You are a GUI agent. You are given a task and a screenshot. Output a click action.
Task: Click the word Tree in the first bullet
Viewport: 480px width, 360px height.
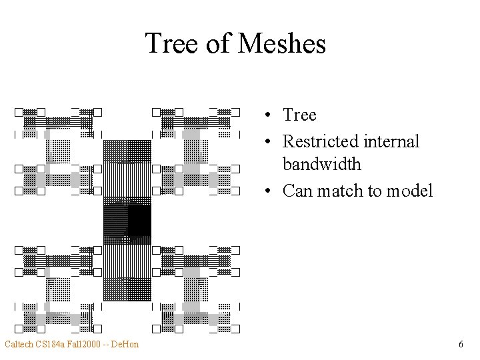click(x=299, y=115)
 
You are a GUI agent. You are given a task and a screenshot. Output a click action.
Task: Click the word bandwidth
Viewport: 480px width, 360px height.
click(x=321, y=164)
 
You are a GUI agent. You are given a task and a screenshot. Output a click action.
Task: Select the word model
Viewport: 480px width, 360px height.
click(x=407, y=191)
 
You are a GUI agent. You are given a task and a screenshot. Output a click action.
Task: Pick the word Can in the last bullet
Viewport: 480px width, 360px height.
click(x=297, y=191)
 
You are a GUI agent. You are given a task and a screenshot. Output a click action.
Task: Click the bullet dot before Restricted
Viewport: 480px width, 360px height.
click(x=266, y=142)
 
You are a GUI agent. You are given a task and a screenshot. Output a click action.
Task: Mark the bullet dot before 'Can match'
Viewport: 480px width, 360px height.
click(x=266, y=191)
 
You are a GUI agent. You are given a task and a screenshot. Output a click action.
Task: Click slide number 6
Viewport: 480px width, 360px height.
click(x=461, y=345)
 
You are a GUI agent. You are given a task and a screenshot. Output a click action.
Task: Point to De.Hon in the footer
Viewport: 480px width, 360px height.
click(x=125, y=345)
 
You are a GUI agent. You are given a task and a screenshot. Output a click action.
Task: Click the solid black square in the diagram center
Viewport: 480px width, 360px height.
click(x=139, y=221)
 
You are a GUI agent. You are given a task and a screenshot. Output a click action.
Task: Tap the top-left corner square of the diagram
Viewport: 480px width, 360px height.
click(x=19, y=112)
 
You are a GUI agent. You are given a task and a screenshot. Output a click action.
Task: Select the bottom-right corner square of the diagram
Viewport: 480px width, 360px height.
click(x=235, y=328)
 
